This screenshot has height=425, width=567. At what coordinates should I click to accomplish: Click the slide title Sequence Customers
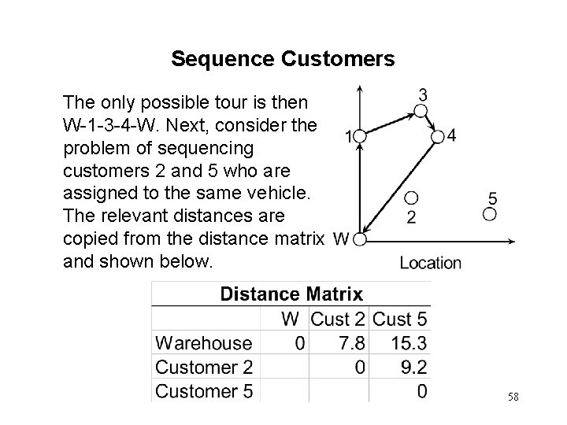[x=283, y=59]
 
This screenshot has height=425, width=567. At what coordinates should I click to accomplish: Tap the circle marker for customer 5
[x=490, y=214]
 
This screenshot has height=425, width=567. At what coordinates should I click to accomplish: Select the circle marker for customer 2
[x=410, y=198]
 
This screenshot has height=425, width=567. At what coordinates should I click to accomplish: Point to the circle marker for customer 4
[x=438, y=138]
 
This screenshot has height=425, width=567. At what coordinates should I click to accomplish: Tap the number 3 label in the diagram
[x=423, y=95]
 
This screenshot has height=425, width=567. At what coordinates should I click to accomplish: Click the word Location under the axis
[x=431, y=263]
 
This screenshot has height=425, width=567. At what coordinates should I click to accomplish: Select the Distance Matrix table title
[x=291, y=294]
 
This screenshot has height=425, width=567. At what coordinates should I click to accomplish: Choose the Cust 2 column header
[x=339, y=320]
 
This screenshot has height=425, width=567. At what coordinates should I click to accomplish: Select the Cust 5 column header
[x=400, y=320]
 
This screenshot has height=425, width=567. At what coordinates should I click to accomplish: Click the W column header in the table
[x=290, y=320]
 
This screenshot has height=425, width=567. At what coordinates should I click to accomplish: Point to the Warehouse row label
[x=204, y=343]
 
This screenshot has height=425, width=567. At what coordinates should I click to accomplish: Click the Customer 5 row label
[x=204, y=390]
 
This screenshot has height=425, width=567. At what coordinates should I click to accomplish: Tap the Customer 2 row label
[x=204, y=367]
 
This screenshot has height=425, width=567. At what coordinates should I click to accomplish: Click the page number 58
[x=513, y=397]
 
